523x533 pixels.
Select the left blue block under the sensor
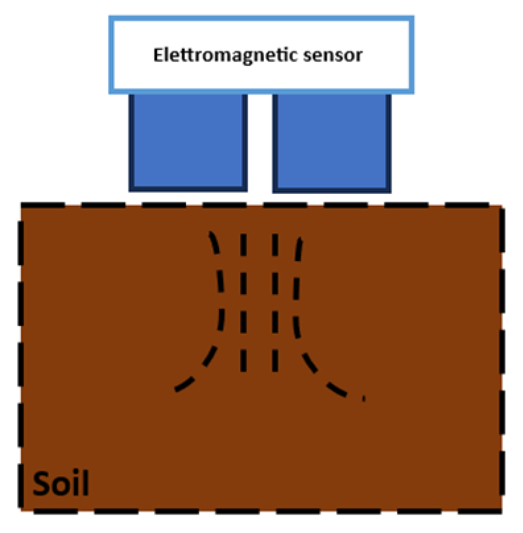(187, 141)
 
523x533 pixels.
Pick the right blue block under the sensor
(332, 141)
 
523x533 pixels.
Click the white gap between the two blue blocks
(260, 141)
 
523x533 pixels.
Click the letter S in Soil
(42, 485)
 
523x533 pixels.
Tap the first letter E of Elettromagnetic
(158, 55)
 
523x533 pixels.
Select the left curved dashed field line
(220, 310)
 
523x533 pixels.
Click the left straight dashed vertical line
(243, 300)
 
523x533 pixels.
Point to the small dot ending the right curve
(364, 398)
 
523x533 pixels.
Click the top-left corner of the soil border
(22, 205)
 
